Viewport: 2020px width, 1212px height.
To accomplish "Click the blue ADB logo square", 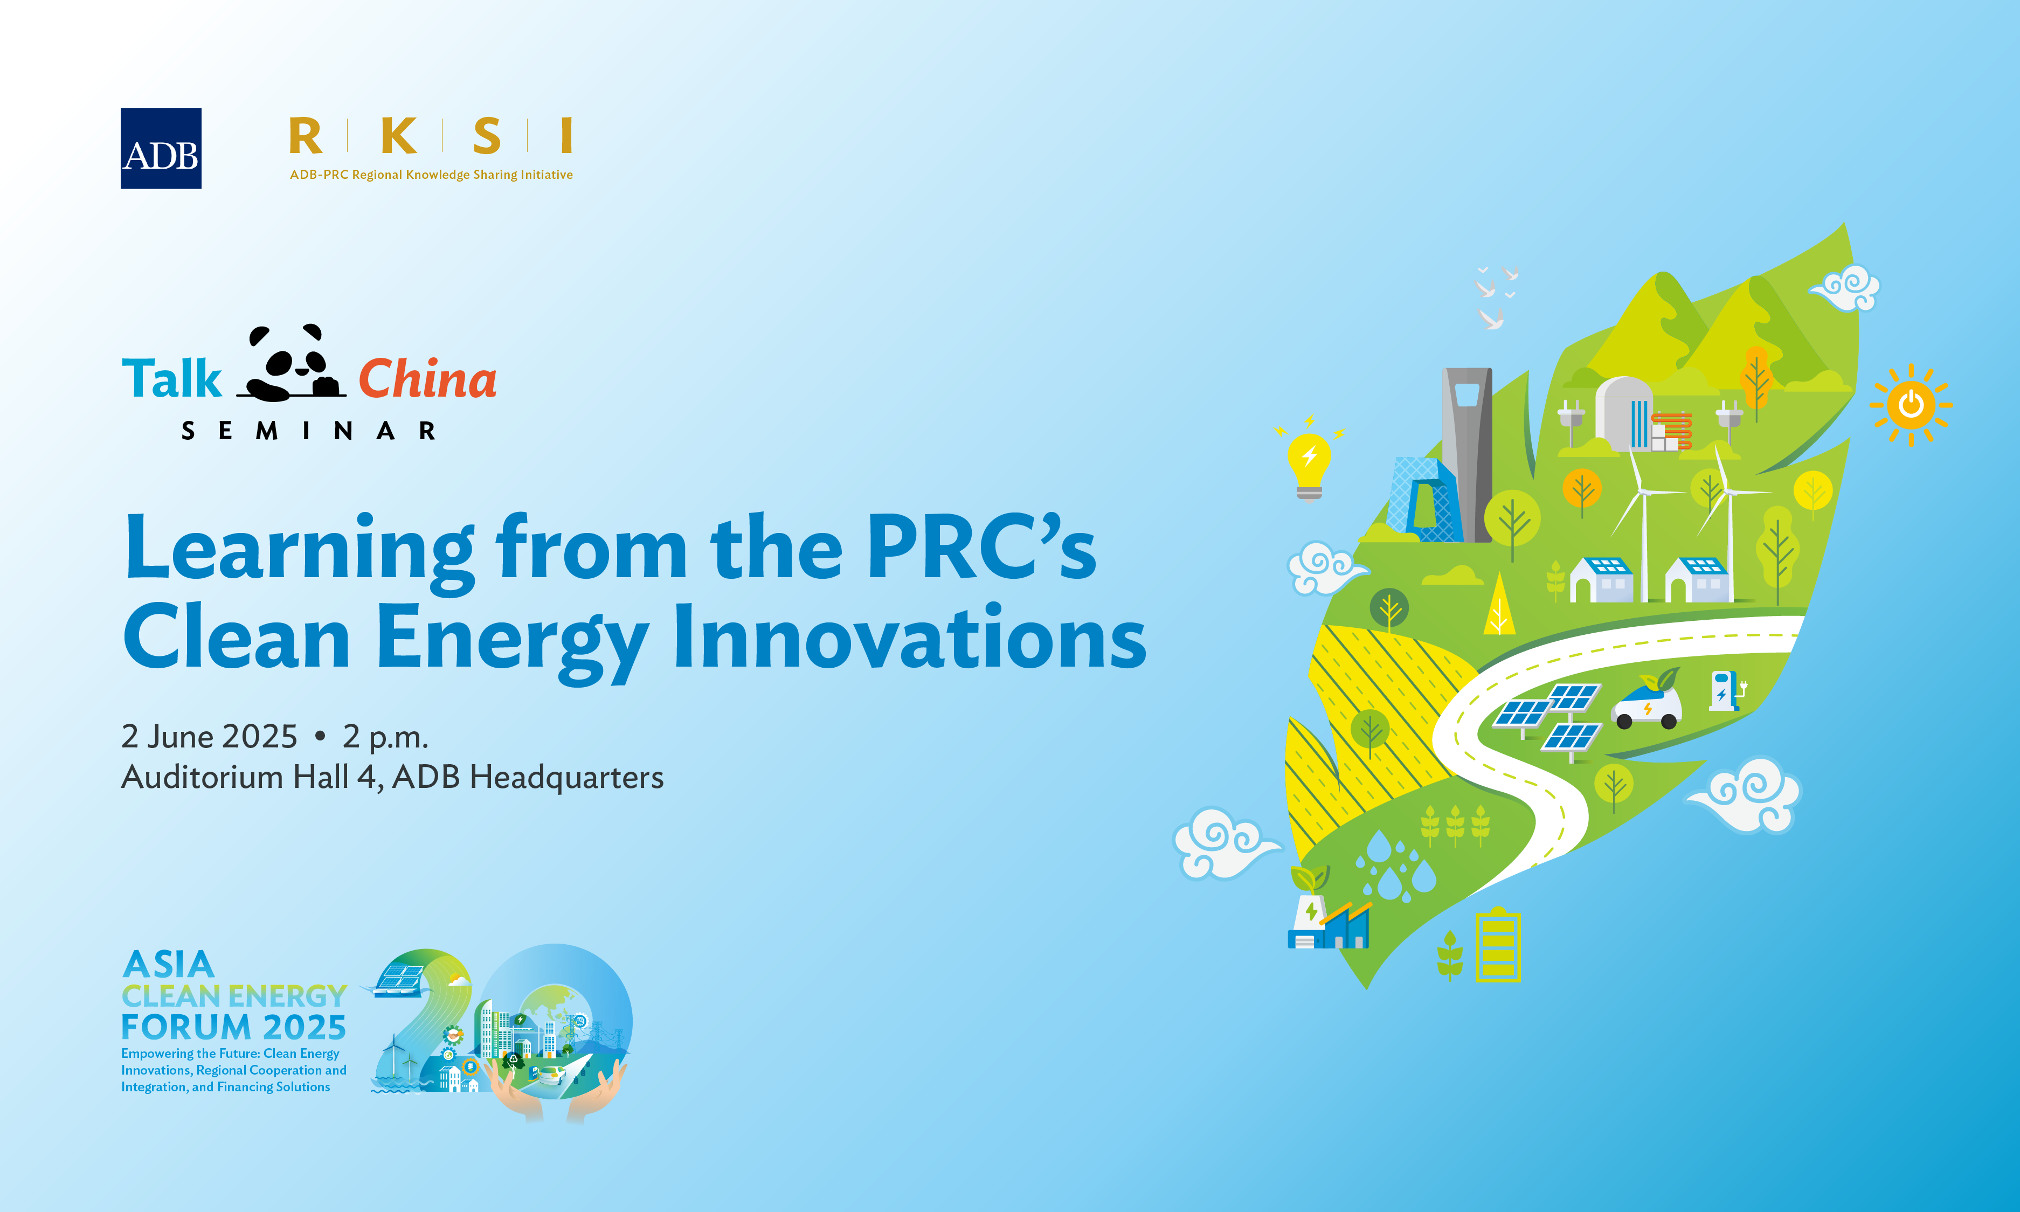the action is pyautogui.click(x=161, y=149).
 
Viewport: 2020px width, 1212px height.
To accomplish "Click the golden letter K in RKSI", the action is pyautogui.click(x=399, y=136).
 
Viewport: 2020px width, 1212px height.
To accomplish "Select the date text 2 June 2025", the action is pyautogui.click(x=209, y=737).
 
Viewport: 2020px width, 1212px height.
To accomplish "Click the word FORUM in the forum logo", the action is pyautogui.click(x=186, y=1027).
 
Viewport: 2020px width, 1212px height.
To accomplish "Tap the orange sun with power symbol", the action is pyautogui.click(x=1911, y=404).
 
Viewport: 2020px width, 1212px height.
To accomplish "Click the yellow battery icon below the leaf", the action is pyautogui.click(x=1498, y=945).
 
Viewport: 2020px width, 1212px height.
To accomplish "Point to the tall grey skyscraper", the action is pyautogui.click(x=1467, y=453).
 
